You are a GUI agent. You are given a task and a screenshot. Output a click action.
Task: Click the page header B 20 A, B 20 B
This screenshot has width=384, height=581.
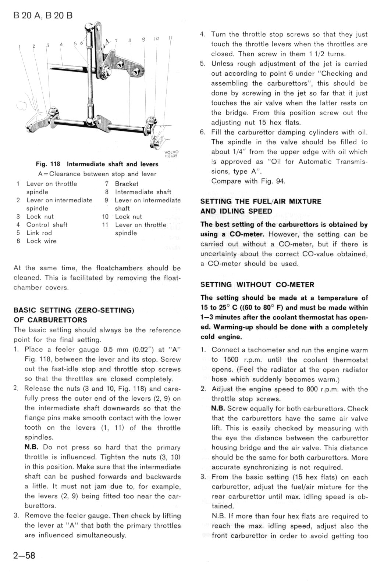(43, 15)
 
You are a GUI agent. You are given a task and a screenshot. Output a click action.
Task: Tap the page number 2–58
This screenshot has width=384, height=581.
(24, 555)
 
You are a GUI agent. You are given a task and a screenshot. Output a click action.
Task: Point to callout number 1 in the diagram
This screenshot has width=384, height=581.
(19, 47)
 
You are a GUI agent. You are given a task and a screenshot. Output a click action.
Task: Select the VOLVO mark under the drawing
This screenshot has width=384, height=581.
(171, 152)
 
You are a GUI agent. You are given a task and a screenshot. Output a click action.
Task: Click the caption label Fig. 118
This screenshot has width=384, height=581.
(48, 164)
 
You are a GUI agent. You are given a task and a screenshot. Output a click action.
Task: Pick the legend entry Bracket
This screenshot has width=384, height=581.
(127, 184)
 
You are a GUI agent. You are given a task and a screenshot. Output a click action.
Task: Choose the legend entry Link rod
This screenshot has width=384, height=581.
(39, 233)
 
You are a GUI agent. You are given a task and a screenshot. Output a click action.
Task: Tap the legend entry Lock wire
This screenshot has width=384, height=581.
(41, 241)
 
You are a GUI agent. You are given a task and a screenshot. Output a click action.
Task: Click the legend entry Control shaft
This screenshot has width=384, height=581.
(47, 225)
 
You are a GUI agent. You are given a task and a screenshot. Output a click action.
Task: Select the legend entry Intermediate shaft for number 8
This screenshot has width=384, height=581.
(143, 192)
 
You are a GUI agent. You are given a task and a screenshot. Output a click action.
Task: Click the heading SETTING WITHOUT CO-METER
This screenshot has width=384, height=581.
(257, 285)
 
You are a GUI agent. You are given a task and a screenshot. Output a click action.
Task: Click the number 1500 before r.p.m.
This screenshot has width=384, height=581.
(230, 360)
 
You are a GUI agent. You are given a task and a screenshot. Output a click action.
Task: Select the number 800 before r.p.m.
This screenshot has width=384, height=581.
(313, 389)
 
